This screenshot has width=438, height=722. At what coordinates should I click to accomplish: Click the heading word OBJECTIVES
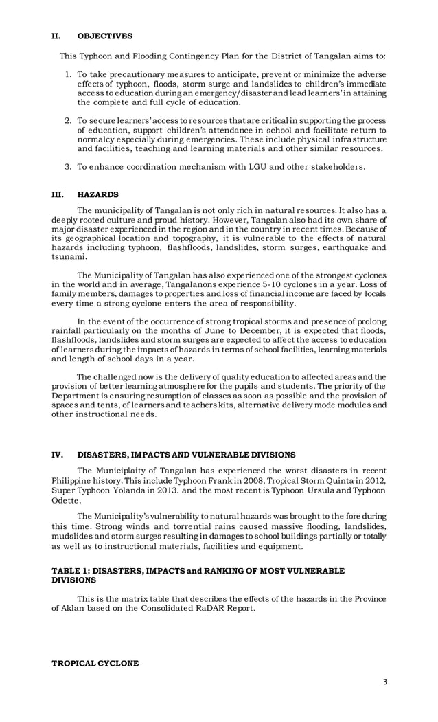tap(105, 36)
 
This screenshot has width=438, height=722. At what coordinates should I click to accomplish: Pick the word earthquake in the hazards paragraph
tap(343, 247)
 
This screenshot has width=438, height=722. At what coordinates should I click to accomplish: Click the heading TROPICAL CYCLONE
tap(95, 663)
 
